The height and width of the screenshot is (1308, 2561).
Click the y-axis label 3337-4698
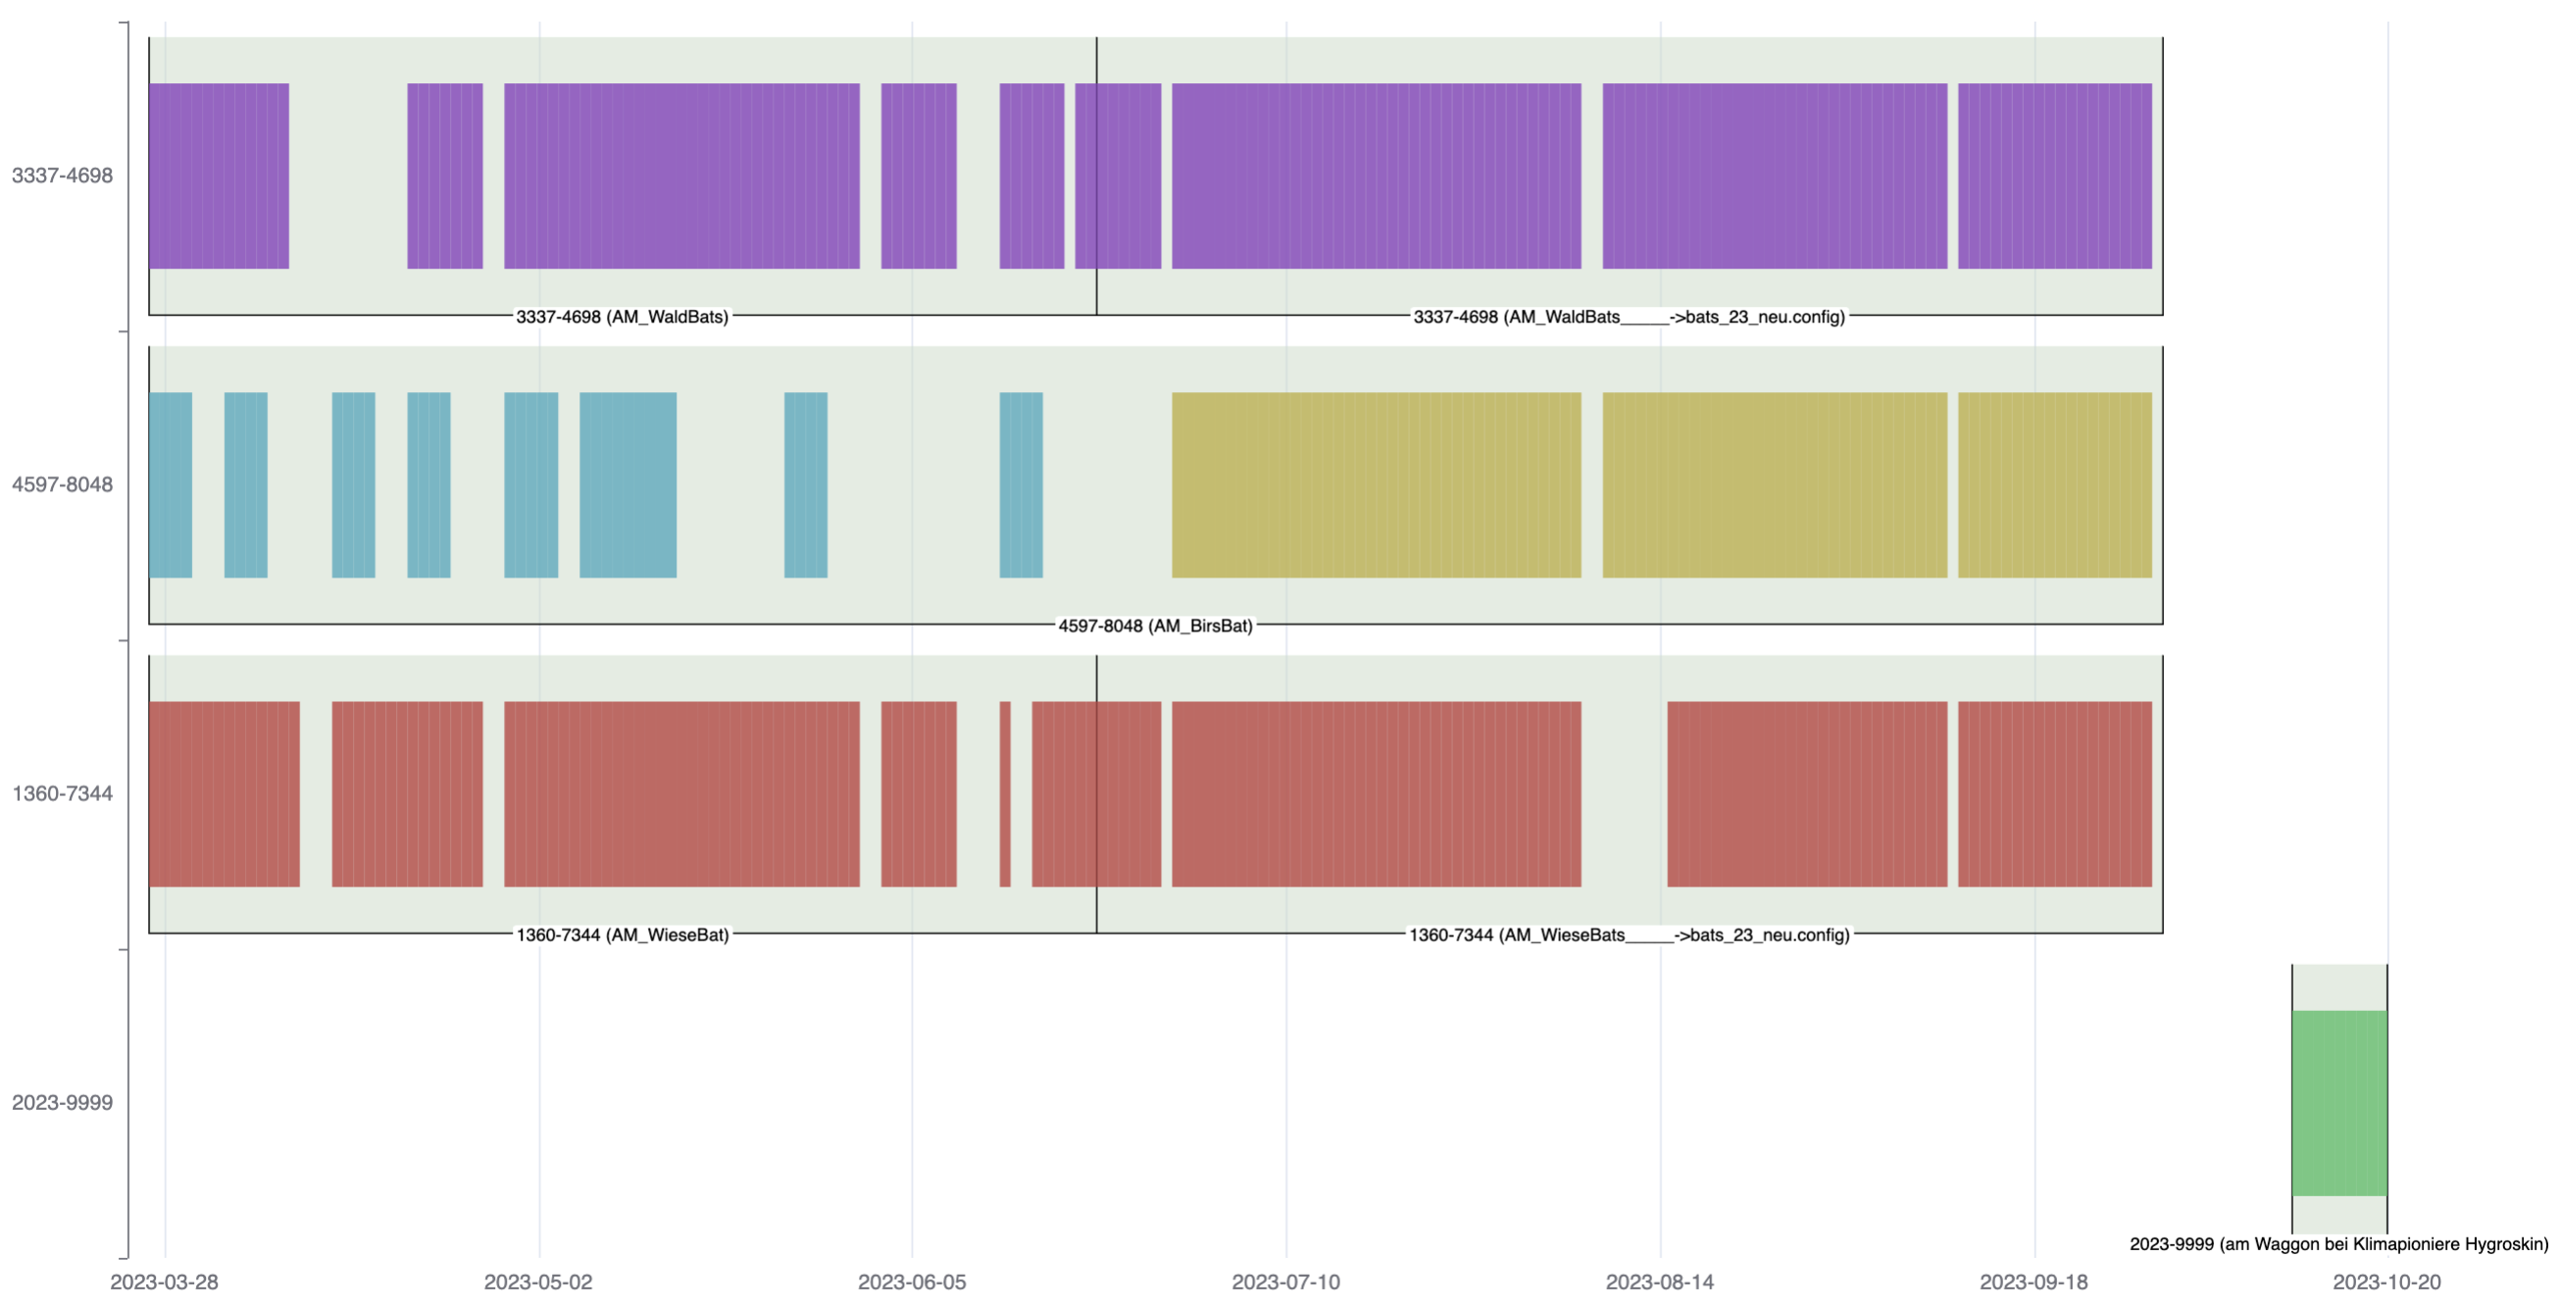click(x=62, y=176)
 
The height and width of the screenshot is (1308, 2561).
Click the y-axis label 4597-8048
click(x=62, y=485)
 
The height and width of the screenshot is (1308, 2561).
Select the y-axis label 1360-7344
click(x=62, y=794)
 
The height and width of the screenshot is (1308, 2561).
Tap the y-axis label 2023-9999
click(x=62, y=1103)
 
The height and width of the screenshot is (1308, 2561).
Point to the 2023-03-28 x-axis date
click(x=164, y=1283)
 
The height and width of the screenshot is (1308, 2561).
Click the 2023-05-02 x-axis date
click(x=538, y=1283)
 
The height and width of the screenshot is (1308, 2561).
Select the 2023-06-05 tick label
click(x=912, y=1283)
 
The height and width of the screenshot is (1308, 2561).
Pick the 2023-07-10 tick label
click(x=1285, y=1283)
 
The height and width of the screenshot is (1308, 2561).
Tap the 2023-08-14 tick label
click(x=1659, y=1283)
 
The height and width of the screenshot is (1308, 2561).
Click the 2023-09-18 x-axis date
click(x=2034, y=1283)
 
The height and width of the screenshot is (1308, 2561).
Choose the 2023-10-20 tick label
click(x=2386, y=1283)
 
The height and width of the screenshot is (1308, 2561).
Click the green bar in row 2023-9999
click(x=2338, y=1103)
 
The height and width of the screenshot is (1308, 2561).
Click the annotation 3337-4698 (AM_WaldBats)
click(x=622, y=317)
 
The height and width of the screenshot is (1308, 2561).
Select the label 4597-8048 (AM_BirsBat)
click(x=1154, y=627)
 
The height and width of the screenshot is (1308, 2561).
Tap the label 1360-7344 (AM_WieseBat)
click(x=622, y=935)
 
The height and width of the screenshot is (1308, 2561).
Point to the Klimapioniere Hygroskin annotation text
click(x=2338, y=1244)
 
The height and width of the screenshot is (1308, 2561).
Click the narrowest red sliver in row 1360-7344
click(x=1005, y=794)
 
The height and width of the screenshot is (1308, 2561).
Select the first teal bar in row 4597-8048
click(x=170, y=485)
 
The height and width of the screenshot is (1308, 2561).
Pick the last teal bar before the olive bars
click(x=1021, y=485)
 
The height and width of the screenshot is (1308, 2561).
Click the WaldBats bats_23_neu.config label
click(x=1629, y=317)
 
